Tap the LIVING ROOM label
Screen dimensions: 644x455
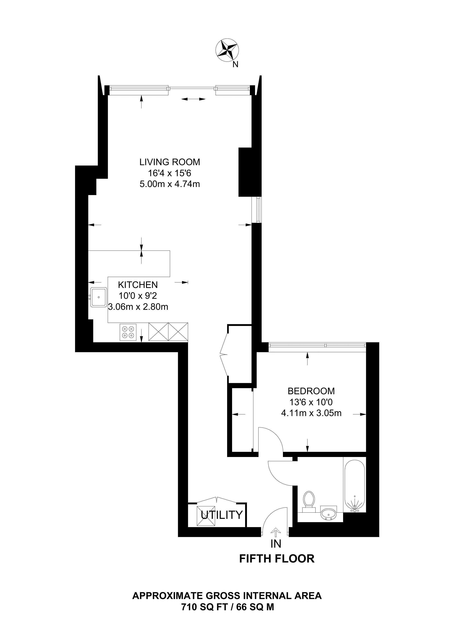tap(170, 162)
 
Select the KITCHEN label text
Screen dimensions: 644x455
tap(138, 285)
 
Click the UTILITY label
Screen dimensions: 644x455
tap(222, 515)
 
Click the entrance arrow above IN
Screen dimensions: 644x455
tap(276, 532)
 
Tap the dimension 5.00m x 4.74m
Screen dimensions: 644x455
tap(170, 184)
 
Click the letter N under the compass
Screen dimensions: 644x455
tap(236, 65)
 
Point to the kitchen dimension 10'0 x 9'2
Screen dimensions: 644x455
tap(138, 296)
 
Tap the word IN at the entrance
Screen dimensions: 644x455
tap(276, 544)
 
